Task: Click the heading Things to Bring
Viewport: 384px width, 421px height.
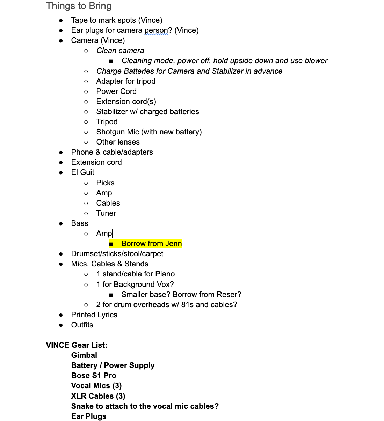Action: pos(79,6)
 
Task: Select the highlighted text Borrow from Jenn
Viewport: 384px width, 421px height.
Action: pos(151,244)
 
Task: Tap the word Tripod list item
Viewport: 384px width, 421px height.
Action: pos(107,122)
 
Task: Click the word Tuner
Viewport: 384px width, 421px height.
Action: pos(106,213)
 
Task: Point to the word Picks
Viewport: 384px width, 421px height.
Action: pos(105,183)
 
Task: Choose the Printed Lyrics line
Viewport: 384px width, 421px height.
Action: pos(94,315)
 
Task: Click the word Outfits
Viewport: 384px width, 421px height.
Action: pos(82,325)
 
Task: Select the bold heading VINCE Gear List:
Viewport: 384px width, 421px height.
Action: pos(77,345)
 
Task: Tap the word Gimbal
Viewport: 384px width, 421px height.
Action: pos(84,355)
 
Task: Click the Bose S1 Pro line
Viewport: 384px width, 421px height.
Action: pos(94,376)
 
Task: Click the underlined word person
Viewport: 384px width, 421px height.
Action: pos(156,30)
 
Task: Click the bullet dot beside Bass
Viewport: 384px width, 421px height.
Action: pos(61,223)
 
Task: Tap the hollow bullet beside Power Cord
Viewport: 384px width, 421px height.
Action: pos(86,91)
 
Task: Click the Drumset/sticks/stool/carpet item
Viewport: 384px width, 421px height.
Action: pos(117,254)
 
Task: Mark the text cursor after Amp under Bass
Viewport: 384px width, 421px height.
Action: pos(113,234)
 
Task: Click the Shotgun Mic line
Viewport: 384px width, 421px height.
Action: pos(149,132)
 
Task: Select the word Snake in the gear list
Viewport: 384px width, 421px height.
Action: pos(82,406)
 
